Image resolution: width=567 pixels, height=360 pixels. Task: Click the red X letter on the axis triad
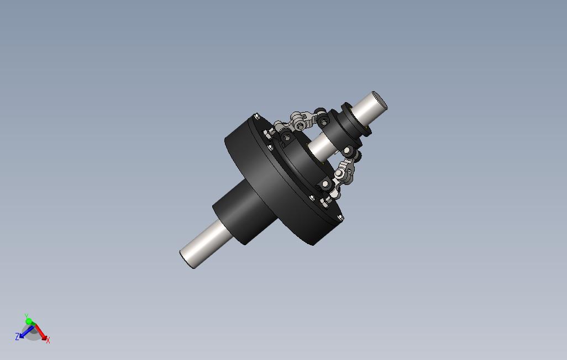coord(48,341)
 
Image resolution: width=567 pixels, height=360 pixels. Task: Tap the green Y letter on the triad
coord(27,316)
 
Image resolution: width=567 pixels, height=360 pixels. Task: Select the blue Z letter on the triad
coord(17,337)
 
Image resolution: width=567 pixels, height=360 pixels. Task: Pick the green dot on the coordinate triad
coord(29,321)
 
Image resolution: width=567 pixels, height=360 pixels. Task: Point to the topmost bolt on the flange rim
coord(256,117)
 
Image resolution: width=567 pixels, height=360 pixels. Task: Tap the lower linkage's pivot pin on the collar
coord(350,151)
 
